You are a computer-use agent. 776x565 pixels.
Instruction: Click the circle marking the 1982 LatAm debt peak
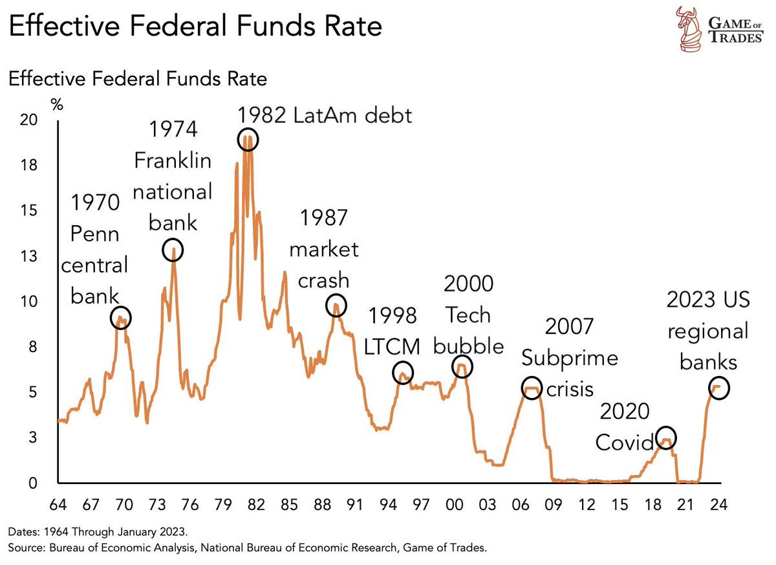[248, 139]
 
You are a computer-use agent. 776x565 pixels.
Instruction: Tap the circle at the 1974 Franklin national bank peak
[173, 250]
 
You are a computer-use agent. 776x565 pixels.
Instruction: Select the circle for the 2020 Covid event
[665, 438]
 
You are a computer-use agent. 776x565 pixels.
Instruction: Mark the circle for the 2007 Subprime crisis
[531, 388]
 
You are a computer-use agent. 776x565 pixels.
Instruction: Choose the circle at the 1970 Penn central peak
[121, 317]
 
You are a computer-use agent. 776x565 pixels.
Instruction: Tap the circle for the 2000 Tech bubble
[462, 366]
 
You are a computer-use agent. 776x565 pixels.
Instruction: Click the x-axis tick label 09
[554, 504]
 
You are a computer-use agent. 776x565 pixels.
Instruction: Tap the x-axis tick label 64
[58, 504]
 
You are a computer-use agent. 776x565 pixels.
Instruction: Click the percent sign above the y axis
[57, 104]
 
